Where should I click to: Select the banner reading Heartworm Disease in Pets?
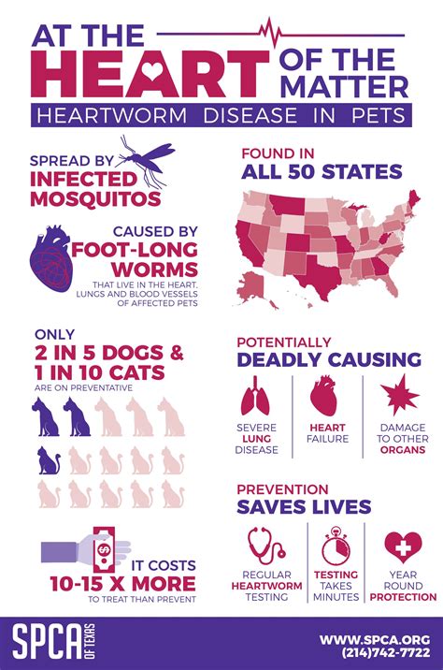click(221, 116)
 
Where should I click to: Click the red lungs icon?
click(257, 399)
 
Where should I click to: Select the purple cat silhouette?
click(49, 459)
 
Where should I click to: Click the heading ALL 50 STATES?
click(322, 171)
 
